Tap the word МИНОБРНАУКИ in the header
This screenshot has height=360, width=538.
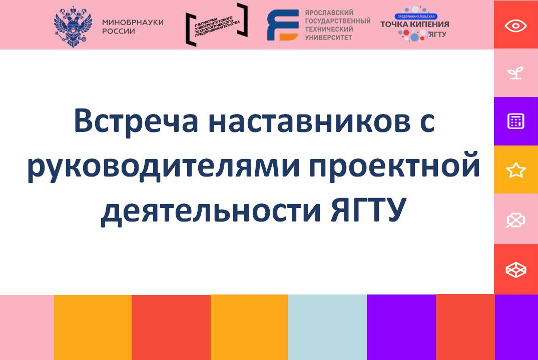pos(133,22)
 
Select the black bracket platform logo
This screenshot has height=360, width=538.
pos(216,24)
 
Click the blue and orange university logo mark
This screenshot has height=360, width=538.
pos(283,25)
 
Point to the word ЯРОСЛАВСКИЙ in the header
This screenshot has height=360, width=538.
pos(329,12)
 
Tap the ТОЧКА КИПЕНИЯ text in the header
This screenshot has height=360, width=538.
pos(414,24)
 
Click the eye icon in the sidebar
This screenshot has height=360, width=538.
pos(515,25)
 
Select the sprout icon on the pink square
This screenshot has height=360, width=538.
pos(515,73)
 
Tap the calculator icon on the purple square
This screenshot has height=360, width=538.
pos(515,121)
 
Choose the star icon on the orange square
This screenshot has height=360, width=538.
pos(515,170)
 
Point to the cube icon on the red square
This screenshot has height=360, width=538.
pos(515,269)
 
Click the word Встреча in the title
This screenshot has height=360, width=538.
pos(136,121)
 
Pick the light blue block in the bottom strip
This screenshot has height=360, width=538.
pos(327,327)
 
